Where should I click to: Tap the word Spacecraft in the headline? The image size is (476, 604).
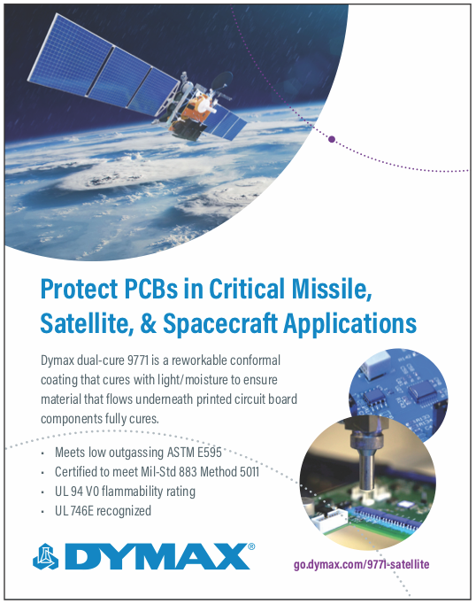click(220, 323)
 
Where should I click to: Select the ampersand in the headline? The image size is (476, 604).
click(148, 322)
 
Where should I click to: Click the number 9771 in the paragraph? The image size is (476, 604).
click(138, 360)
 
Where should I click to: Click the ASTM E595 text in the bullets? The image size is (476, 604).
click(195, 453)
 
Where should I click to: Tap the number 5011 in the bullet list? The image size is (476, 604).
click(250, 472)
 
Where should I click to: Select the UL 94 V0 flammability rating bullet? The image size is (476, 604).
click(125, 492)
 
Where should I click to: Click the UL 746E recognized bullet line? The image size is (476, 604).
click(104, 511)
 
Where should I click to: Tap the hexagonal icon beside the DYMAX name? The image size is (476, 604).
click(46, 557)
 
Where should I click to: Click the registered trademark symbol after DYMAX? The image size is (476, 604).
click(251, 546)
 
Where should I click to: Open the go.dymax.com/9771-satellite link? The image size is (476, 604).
click(361, 565)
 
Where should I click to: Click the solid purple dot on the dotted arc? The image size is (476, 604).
click(332, 139)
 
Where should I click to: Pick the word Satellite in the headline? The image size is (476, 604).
click(87, 323)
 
